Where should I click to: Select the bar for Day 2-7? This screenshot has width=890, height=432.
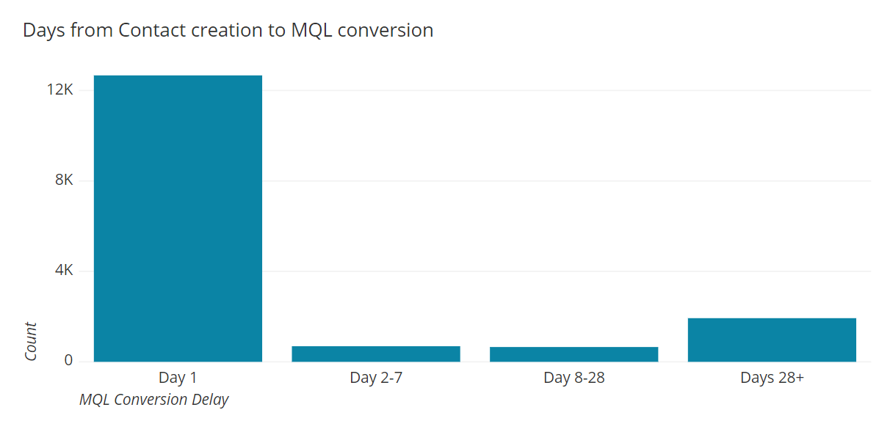coord(376,354)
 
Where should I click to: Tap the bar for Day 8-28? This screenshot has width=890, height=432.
coord(574,354)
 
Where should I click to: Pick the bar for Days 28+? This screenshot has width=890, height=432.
coord(772,340)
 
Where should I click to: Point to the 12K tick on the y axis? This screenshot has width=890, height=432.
coord(59,90)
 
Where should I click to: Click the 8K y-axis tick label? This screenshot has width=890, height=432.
coord(64,180)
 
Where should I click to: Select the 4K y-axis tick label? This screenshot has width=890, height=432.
coord(64,271)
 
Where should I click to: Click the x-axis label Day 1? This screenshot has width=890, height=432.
coord(178,378)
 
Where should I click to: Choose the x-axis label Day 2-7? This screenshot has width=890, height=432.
coord(376,378)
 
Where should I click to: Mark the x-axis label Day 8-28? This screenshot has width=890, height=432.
coord(574,378)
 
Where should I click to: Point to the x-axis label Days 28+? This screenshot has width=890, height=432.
coord(772,378)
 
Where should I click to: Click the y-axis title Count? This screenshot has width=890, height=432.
coord(31,341)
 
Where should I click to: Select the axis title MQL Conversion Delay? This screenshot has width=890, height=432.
coord(154,400)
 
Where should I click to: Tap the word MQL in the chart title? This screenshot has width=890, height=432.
coord(312,30)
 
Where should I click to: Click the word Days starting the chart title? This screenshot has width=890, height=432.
coord(43,30)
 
